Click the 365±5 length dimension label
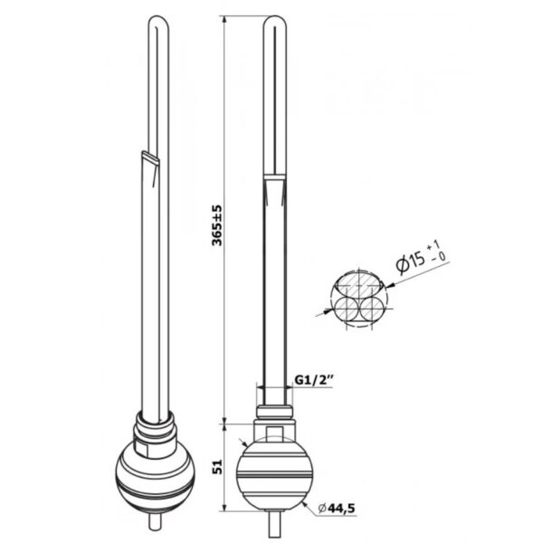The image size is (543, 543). click(x=217, y=225)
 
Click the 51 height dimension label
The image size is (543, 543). click(x=217, y=467)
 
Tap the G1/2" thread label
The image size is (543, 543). click(x=313, y=380)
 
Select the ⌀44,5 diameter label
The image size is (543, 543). click(x=337, y=508)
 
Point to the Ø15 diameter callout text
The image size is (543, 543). click(x=410, y=262)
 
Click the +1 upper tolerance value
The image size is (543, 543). click(x=433, y=246)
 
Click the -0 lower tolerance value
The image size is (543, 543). click(x=439, y=258)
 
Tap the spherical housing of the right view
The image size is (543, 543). click(x=274, y=473)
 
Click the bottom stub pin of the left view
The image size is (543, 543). click(x=155, y=521)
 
